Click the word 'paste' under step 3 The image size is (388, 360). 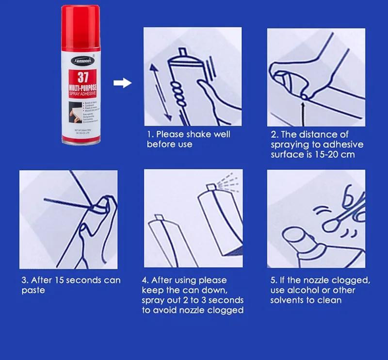32,291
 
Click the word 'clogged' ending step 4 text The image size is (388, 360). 226,310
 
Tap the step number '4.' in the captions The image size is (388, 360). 145,280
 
